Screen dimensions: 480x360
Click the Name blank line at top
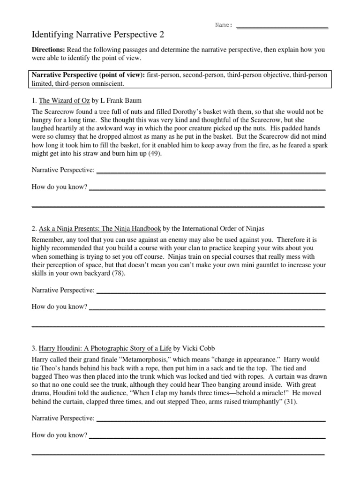pos(282,27)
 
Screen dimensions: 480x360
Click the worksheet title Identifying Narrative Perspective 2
pos(97,35)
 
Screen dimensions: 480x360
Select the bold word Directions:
pos(48,50)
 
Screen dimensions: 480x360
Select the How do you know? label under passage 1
pos(60,187)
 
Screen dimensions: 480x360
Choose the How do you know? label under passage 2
pos(60,307)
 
